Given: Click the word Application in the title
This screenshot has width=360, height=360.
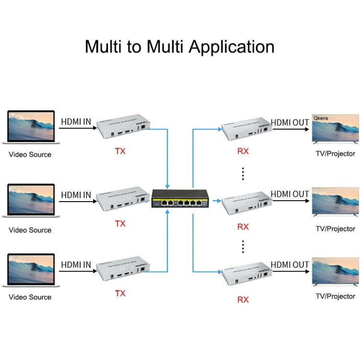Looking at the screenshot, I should (231, 47).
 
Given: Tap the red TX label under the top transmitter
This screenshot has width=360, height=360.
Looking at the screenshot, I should (120, 151).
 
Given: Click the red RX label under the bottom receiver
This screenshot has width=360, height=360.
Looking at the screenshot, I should (243, 300).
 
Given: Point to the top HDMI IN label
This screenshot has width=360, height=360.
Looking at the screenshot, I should (75, 122).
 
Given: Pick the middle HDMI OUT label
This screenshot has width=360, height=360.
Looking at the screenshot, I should (290, 194).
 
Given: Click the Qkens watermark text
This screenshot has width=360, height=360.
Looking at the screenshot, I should (321, 118).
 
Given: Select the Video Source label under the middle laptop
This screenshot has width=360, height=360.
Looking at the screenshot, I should (30, 230).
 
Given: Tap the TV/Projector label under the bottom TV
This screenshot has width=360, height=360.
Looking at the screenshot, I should (336, 296).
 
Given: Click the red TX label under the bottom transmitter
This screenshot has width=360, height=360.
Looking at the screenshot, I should (120, 293).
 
